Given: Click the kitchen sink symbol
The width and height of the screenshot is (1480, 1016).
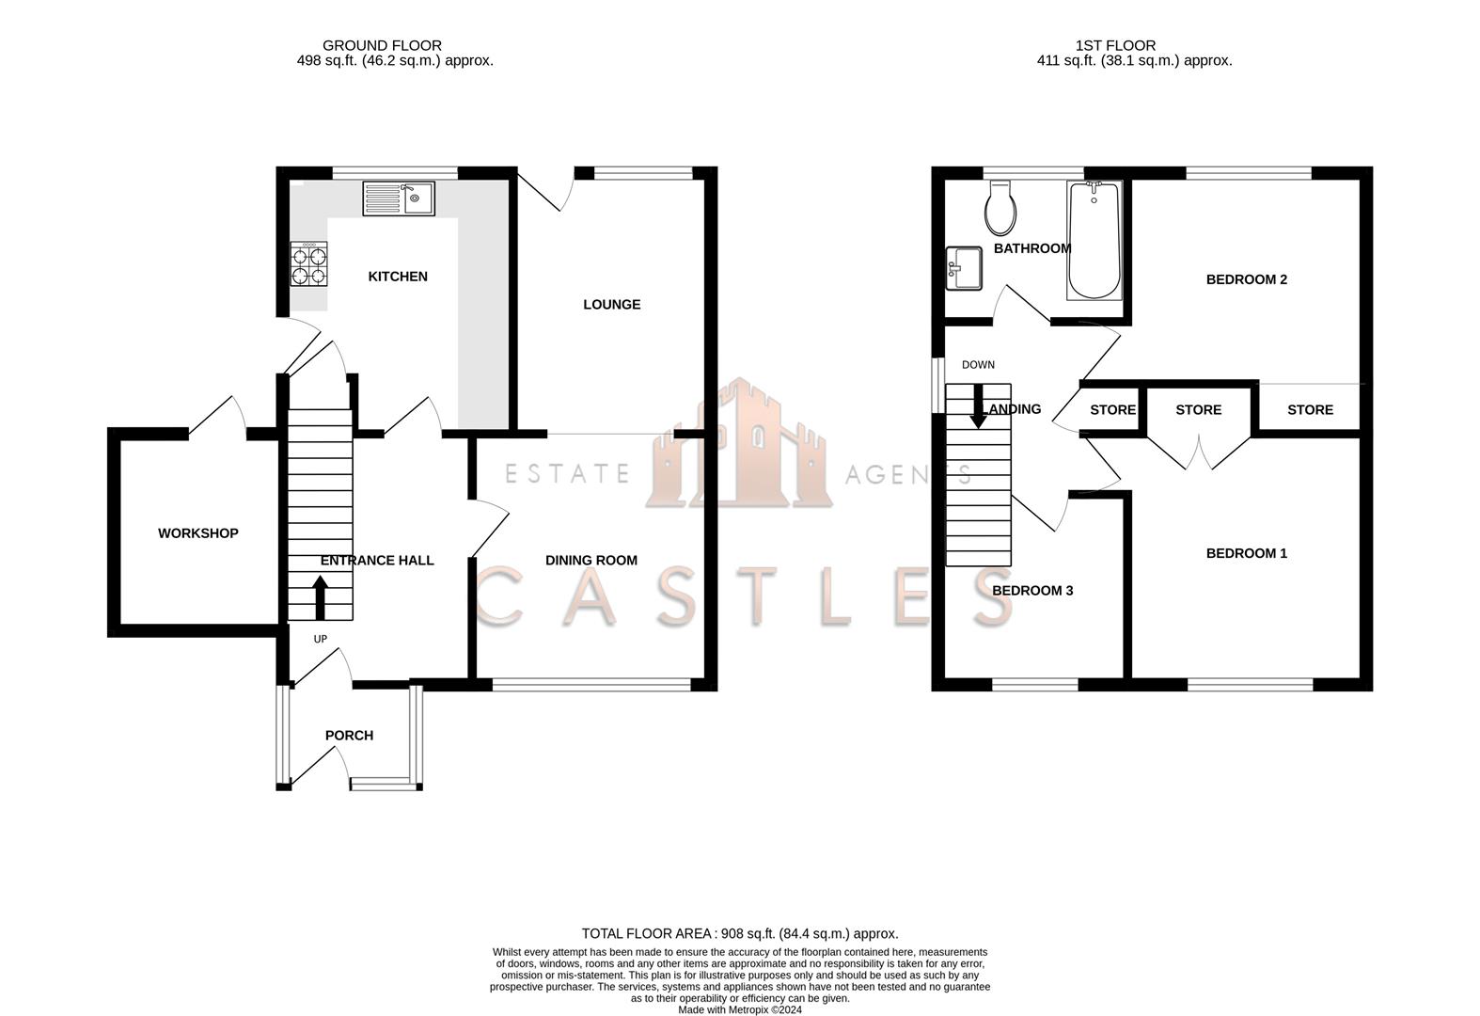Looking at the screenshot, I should pos(399,198).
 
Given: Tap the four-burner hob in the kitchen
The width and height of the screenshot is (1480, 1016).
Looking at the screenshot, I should pos(309,263).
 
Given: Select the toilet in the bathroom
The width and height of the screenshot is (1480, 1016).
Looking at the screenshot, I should pos(1000,208).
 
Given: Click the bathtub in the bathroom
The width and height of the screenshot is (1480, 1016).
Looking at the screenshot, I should pos(1094,241).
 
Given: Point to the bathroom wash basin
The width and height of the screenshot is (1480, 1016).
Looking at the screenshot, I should pos(964,268).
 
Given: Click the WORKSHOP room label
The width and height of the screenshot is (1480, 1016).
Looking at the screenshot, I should pos(197,533).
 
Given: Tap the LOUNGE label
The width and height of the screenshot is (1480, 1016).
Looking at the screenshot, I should pos(611,305).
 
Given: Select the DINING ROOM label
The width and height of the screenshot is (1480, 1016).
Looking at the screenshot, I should pos(591,561).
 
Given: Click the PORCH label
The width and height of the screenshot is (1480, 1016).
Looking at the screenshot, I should pos(349,736).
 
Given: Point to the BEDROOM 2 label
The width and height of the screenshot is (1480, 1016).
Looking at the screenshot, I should pos(1246,279).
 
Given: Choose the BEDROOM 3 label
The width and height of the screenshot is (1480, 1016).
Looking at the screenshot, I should pos(1032,591).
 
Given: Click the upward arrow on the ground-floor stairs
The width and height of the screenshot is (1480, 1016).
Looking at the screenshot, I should pos(320,596).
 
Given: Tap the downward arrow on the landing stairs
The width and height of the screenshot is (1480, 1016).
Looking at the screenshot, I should pos(979,406).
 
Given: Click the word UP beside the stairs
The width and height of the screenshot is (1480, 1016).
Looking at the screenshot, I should pos(320,640).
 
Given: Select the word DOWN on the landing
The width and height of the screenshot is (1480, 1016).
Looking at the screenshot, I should pos(978,365).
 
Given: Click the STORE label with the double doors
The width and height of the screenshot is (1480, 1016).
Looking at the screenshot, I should pos(1198,410).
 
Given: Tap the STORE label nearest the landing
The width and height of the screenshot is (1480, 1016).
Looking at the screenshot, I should pos(1112,410).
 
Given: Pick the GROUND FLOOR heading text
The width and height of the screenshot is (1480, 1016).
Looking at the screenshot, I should pos(382,45).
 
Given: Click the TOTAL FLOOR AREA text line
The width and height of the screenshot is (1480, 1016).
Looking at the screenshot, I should pos(739,934).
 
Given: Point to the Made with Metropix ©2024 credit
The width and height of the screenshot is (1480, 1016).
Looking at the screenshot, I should pos(739,1010).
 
